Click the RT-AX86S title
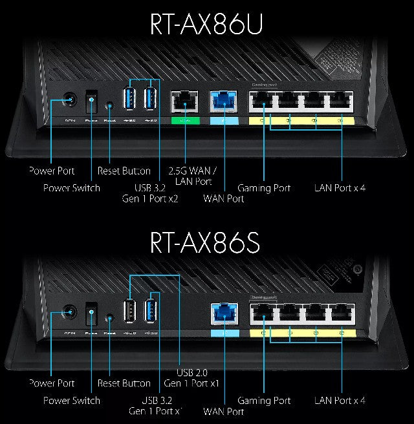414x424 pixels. click(x=206, y=241)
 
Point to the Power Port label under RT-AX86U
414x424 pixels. click(x=52, y=171)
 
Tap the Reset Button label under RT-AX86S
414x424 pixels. click(x=124, y=384)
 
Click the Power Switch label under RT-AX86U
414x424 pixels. click(x=72, y=188)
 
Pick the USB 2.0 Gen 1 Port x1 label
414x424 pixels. click(x=198, y=378)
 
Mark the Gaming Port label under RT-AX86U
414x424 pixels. click(x=264, y=188)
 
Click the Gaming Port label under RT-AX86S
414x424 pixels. click(x=264, y=401)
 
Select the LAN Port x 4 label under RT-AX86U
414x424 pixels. click(x=340, y=188)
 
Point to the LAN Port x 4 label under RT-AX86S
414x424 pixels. click(x=340, y=401)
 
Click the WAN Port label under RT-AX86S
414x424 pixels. click(x=224, y=412)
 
